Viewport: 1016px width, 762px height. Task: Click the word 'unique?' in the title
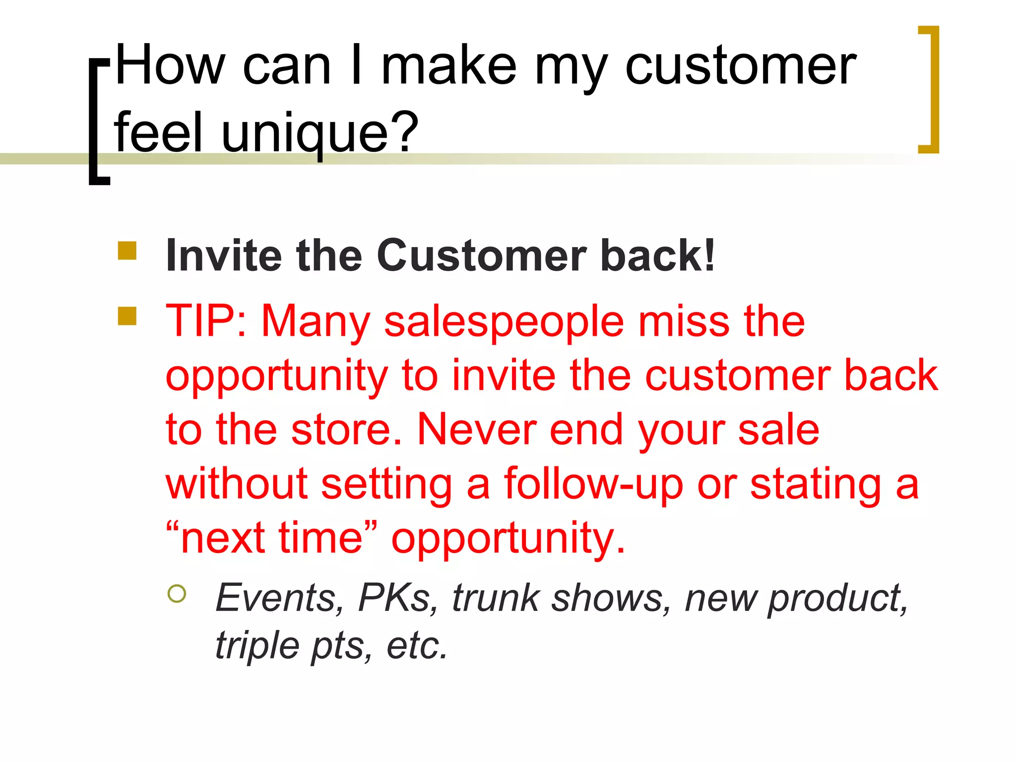320,133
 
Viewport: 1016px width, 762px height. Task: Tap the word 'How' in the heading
170,65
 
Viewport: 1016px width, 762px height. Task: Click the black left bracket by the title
97,122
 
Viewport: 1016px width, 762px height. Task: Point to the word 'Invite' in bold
224,255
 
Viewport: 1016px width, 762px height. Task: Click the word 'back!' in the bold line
657,255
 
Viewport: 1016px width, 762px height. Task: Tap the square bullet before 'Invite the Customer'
127,251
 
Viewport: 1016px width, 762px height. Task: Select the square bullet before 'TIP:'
127,316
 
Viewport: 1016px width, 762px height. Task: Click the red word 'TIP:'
206,321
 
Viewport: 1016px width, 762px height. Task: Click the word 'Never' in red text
477,429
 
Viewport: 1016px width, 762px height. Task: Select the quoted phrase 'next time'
272,538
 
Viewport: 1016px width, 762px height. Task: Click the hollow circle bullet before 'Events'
177,593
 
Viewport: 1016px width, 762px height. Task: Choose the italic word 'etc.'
417,646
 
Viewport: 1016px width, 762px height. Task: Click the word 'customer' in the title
740,66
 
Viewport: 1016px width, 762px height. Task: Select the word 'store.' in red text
346,429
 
